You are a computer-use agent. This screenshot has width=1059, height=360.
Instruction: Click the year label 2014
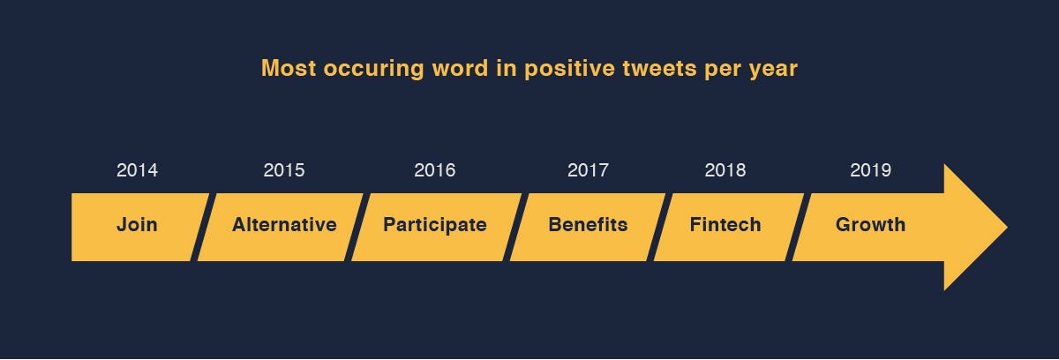137,170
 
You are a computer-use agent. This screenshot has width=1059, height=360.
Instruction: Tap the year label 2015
284,170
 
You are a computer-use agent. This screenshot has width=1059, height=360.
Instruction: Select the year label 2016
435,170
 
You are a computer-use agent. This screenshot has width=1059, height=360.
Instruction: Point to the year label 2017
588,170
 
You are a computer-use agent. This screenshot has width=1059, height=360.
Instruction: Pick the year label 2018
725,170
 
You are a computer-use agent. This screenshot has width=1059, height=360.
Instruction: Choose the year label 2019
871,170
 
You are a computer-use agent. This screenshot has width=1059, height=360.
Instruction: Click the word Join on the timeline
137,224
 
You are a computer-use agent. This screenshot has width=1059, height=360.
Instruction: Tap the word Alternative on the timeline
284,224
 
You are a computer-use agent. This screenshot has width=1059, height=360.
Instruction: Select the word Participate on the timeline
435,225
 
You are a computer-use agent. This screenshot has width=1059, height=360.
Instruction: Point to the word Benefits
588,224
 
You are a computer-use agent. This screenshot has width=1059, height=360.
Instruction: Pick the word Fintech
725,224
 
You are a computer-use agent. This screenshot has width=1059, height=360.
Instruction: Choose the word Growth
871,224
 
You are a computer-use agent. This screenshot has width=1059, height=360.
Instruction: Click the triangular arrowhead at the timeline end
969,228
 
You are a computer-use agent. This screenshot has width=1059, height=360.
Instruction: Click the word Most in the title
289,68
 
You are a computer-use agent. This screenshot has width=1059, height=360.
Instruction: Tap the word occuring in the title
373,70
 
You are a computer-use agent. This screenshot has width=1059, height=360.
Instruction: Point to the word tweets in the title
659,69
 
